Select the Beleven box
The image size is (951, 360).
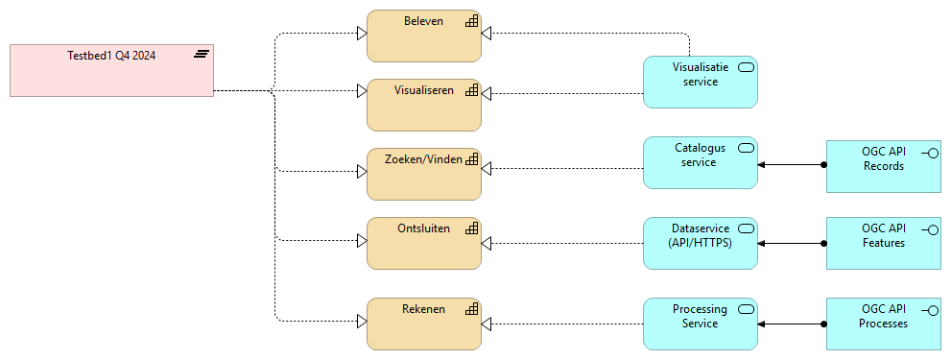tap(423, 36)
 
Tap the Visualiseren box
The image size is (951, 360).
tap(423, 105)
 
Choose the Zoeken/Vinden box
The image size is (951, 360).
tap(423, 174)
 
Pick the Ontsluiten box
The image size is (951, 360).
tap(423, 243)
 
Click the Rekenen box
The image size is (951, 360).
tap(423, 323)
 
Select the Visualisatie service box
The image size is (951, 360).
tap(700, 82)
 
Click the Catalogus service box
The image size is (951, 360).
tap(700, 162)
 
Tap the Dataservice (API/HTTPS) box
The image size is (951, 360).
tap(700, 243)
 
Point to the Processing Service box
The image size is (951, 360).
tap(700, 324)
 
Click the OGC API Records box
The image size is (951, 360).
tap(883, 166)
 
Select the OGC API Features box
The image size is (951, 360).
tap(883, 244)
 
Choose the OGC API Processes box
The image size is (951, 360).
tap(883, 324)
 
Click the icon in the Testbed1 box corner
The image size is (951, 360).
tap(202, 54)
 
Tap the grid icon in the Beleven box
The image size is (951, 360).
tap(471, 21)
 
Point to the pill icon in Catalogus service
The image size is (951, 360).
tap(746, 148)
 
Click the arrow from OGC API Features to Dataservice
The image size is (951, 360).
tap(792, 244)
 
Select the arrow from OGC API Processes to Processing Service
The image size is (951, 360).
tap(792, 324)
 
